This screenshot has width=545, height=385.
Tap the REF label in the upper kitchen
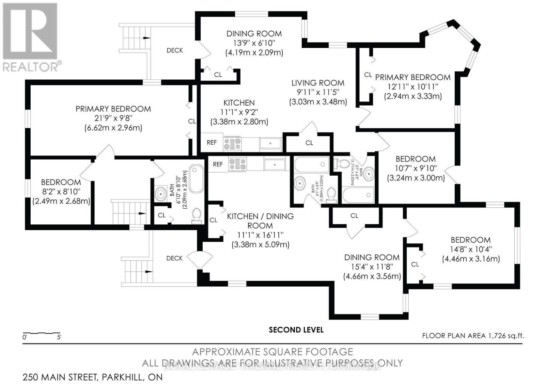pyautogui.click(x=212, y=142)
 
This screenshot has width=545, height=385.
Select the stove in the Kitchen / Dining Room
pyautogui.click(x=235, y=164)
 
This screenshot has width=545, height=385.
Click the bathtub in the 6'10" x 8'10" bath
pyautogui.click(x=196, y=179)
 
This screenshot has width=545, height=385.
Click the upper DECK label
pyautogui.click(x=175, y=50)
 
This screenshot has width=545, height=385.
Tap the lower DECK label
pyautogui.click(x=174, y=258)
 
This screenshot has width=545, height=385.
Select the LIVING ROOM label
pyautogui.click(x=317, y=83)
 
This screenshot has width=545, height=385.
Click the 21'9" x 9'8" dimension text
pyautogui.click(x=113, y=118)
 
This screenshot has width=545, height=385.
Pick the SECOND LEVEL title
pyautogui.click(x=296, y=330)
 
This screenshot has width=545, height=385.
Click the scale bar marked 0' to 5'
pyautogui.click(x=42, y=333)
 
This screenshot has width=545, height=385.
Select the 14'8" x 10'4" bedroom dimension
pyautogui.click(x=471, y=249)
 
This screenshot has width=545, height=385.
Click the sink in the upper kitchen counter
pyautogui.click(x=270, y=143)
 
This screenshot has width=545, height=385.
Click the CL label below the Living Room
pyautogui.click(x=309, y=143)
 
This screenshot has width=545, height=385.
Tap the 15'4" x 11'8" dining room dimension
pyautogui.click(x=372, y=267)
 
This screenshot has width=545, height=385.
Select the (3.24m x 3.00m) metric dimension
pyautogui.click(x=416, y=178)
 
